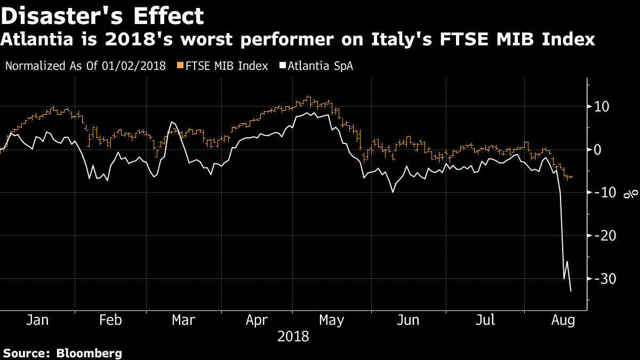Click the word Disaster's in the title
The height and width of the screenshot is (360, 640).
62,16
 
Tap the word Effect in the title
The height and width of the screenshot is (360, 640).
169,16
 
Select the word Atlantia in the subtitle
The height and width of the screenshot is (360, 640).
37,39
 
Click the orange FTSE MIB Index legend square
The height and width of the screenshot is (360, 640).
180,66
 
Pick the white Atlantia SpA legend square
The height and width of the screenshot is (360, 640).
283,66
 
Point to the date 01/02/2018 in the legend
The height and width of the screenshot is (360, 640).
134,66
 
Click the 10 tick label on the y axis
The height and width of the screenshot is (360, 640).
602,107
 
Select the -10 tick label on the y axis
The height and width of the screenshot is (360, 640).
605,193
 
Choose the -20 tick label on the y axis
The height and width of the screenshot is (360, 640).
605,236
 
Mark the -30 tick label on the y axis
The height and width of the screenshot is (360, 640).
605,279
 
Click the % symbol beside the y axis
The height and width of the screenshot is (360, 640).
631,194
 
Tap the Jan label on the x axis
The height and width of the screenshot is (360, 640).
37,321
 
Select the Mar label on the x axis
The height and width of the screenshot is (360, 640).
183,321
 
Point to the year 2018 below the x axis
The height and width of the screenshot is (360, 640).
293,337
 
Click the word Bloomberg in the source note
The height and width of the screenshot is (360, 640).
89,353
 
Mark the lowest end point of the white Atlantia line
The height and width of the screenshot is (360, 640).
571,291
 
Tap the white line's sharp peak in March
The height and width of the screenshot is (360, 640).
171,122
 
